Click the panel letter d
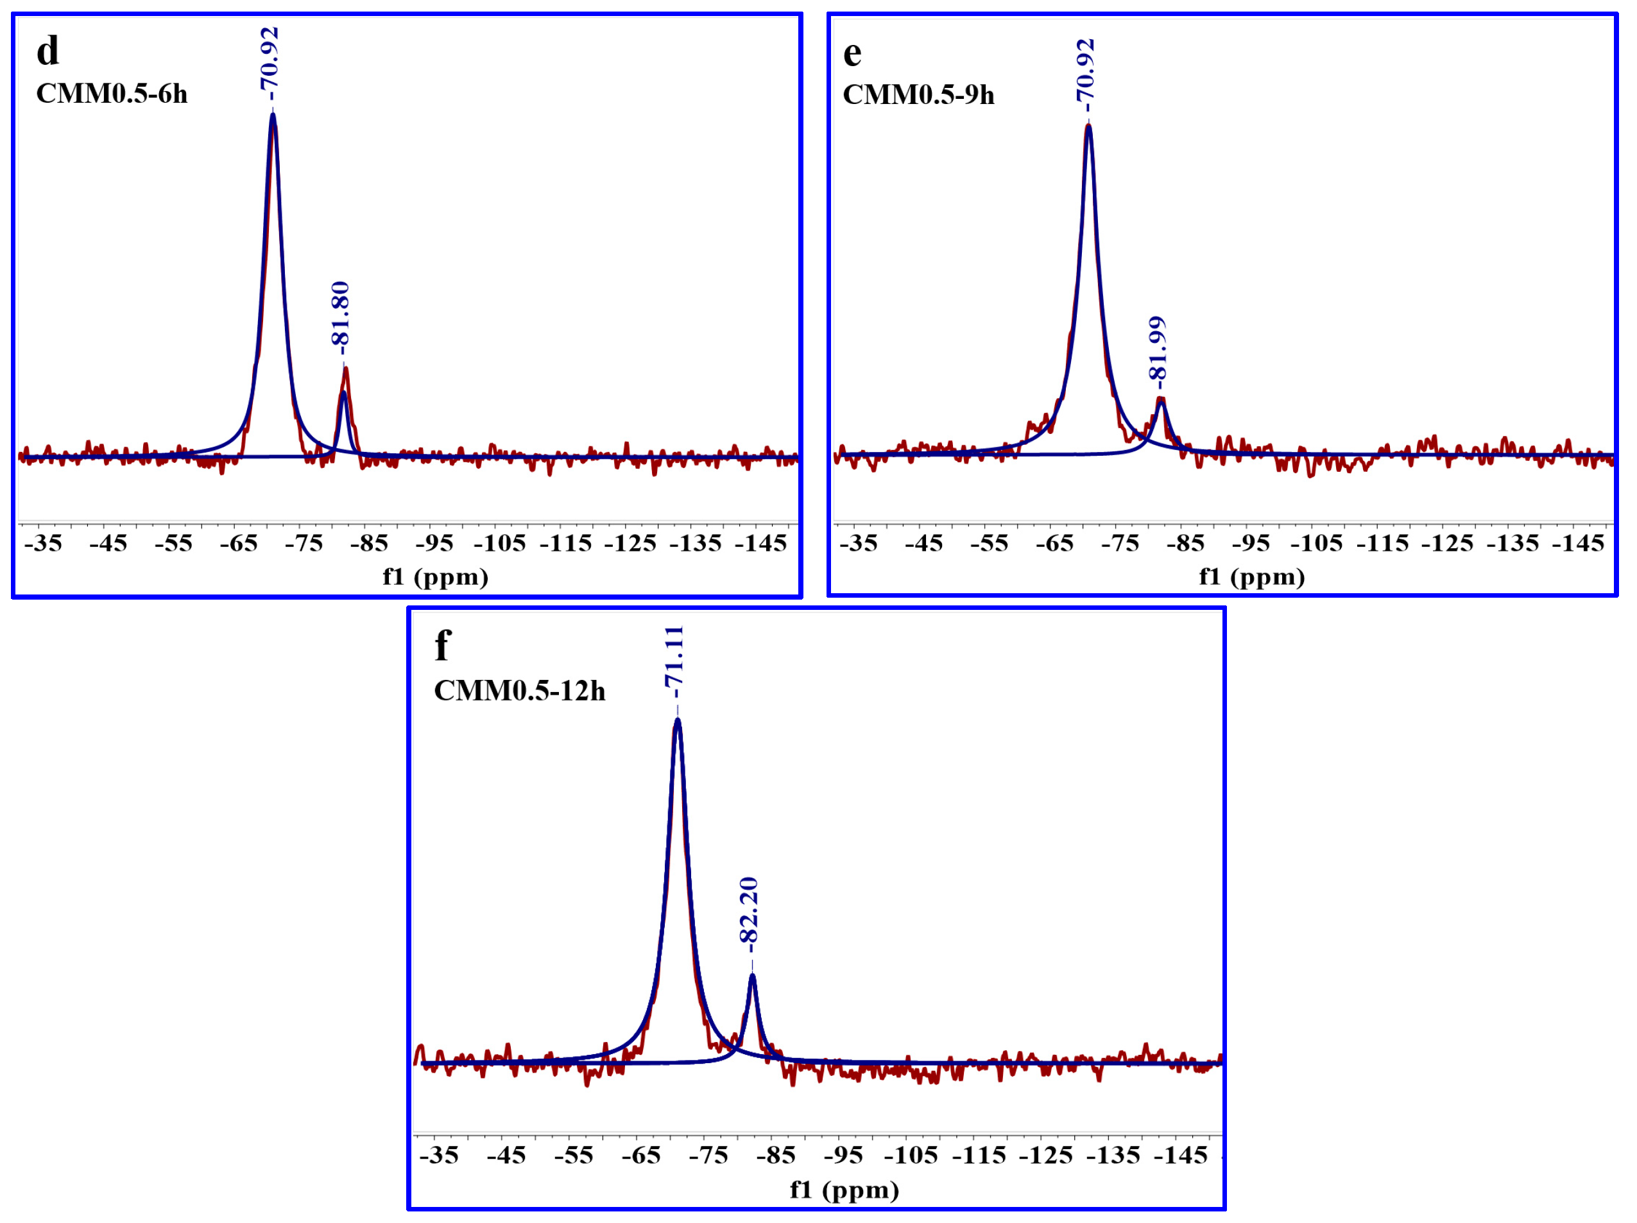(47, 52)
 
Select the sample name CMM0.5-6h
(112, 94)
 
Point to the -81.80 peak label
(340, 314)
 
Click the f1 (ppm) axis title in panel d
(435, 577)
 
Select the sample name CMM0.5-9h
(918, 95)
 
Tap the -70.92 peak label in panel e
(1086, 71)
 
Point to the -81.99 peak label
(1158, 349)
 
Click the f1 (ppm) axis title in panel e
(1251, 577)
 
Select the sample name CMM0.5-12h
(520, 691)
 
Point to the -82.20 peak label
(749, 910)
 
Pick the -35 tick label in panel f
(439, 1155)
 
